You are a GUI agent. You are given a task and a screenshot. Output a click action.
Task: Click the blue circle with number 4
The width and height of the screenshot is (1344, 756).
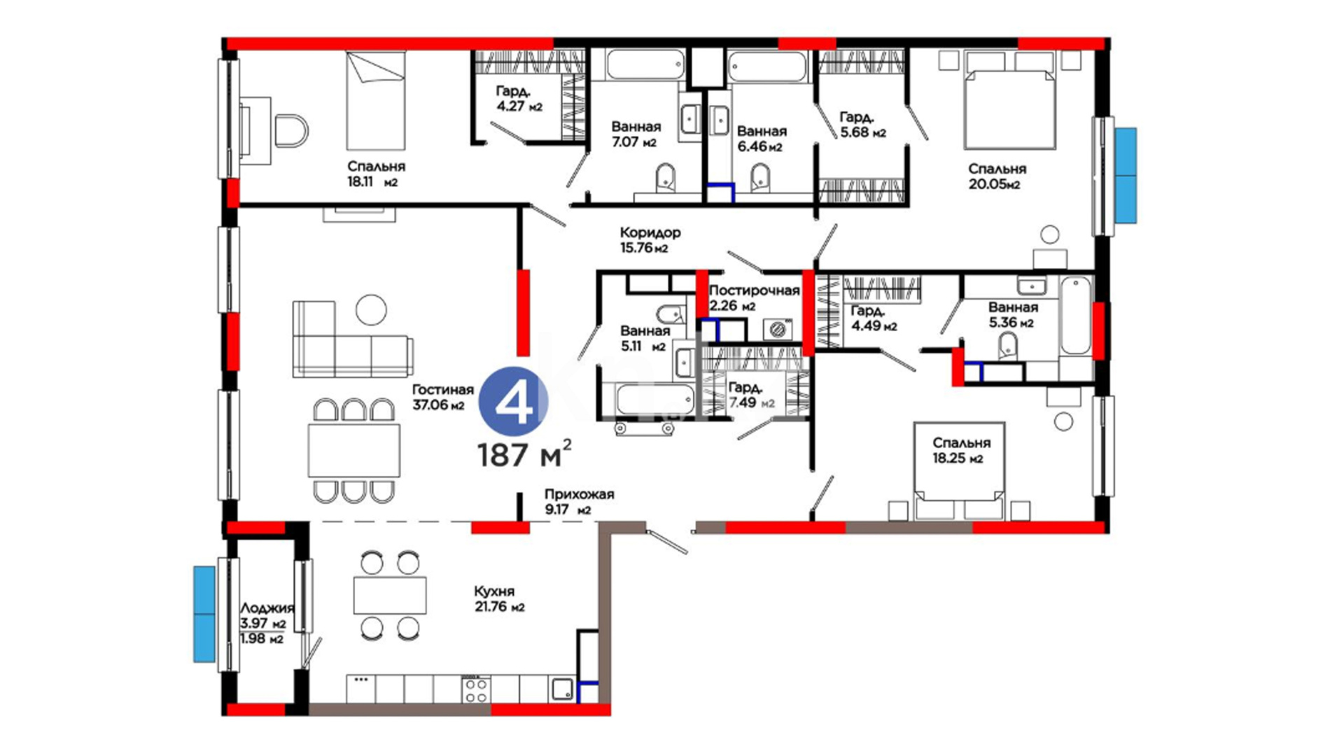513,402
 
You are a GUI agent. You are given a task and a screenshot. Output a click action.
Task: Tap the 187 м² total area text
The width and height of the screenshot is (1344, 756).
524,454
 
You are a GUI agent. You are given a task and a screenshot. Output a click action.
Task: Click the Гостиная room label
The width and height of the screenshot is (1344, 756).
442,390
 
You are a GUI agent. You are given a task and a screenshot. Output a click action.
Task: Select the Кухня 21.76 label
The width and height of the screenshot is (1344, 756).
499,599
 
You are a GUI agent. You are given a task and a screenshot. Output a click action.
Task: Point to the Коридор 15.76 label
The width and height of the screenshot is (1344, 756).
650,239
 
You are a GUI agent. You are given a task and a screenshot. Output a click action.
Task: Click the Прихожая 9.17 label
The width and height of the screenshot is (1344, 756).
579,501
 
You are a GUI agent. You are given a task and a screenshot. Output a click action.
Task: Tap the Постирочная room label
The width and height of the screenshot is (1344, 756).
754,290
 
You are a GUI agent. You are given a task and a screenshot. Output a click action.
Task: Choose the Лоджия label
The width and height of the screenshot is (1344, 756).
267,608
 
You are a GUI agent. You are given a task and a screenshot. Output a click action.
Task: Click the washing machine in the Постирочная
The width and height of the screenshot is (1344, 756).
776,329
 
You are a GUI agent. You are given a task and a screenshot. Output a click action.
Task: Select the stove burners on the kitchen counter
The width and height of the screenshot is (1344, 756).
476,689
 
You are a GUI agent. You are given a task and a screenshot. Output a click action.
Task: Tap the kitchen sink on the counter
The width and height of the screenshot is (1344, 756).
562,689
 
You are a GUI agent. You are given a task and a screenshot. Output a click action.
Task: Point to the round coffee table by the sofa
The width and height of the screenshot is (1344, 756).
371,310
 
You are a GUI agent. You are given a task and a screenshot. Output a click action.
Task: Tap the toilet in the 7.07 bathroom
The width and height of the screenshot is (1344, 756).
665,178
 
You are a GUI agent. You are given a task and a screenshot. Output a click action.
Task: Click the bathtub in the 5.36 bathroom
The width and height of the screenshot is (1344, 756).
1075,316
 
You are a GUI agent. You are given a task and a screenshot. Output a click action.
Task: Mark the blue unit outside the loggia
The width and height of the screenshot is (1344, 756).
204,614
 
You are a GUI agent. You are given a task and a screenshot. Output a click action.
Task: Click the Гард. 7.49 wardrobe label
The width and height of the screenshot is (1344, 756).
750,395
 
